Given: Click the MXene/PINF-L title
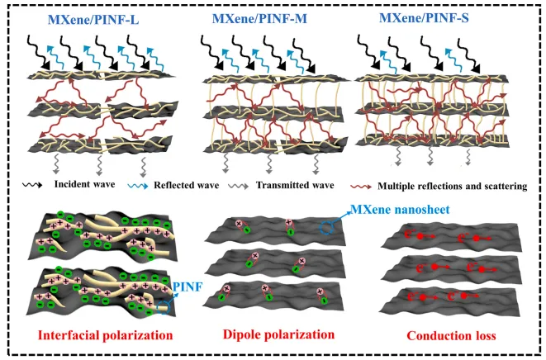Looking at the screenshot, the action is click(93, 20).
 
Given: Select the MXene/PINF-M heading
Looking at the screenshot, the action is click(259, 18).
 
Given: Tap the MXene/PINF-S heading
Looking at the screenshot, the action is click(424, 17).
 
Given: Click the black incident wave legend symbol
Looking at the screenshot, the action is click(32, 185).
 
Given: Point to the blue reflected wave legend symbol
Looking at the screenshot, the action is click(138, 186).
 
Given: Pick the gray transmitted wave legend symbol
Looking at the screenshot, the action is click(239, 186).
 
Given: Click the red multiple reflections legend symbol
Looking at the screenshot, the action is click(361, 187).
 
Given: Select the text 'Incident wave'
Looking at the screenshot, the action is click(84, 184).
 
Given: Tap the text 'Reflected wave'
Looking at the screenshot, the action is click(187, 185).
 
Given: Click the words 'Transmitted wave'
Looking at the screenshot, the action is click(295, 185).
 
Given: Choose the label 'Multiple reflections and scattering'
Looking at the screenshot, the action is click(453, 187).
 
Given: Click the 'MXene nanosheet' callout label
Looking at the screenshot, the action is click(400, 209).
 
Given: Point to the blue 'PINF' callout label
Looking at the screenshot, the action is click(188, 287).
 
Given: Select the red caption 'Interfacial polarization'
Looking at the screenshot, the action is click(105, 335).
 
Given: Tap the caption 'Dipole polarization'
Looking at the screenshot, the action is click(278, 334).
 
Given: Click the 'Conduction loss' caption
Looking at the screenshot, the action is click(451, 335).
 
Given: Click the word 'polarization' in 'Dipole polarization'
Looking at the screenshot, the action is click(301, 334).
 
